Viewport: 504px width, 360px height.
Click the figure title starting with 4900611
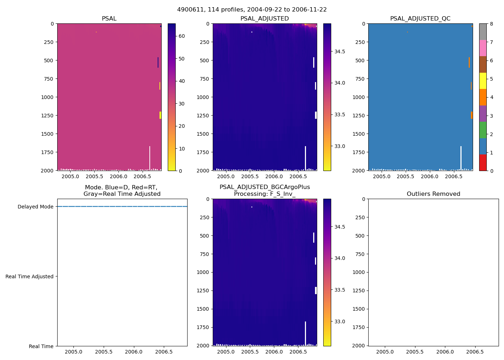tap(252, 10)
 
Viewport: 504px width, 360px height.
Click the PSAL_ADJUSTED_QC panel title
tap(420, 19)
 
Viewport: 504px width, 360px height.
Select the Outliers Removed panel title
tap(433, 194)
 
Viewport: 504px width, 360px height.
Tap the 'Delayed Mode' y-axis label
tap(35, 207)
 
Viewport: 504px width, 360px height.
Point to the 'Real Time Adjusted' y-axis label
tap(30, 276)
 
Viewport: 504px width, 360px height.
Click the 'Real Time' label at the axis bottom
tap(41, 346)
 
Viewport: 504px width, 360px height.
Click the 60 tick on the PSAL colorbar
tap(182, 36)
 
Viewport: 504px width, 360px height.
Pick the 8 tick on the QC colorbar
tap(491, 24)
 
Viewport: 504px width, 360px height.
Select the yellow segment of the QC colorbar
tap(483, 81)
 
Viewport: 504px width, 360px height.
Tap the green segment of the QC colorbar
tap(483, 130)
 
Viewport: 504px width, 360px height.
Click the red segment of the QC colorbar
tap(483, 162)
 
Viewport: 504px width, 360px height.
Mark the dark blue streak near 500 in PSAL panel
tap(158, 62)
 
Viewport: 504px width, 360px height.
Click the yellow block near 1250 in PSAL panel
tap(160, 115)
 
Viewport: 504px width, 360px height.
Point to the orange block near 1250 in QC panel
tap(472, 115)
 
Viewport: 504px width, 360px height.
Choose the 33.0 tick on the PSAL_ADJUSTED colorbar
tap(340, 146)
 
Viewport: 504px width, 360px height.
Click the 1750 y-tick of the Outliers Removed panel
tap(360, 327)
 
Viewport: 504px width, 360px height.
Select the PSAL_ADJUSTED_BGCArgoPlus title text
tap(265, 187)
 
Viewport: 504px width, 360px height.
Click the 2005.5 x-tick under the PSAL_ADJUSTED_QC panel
tap(405, 176)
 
